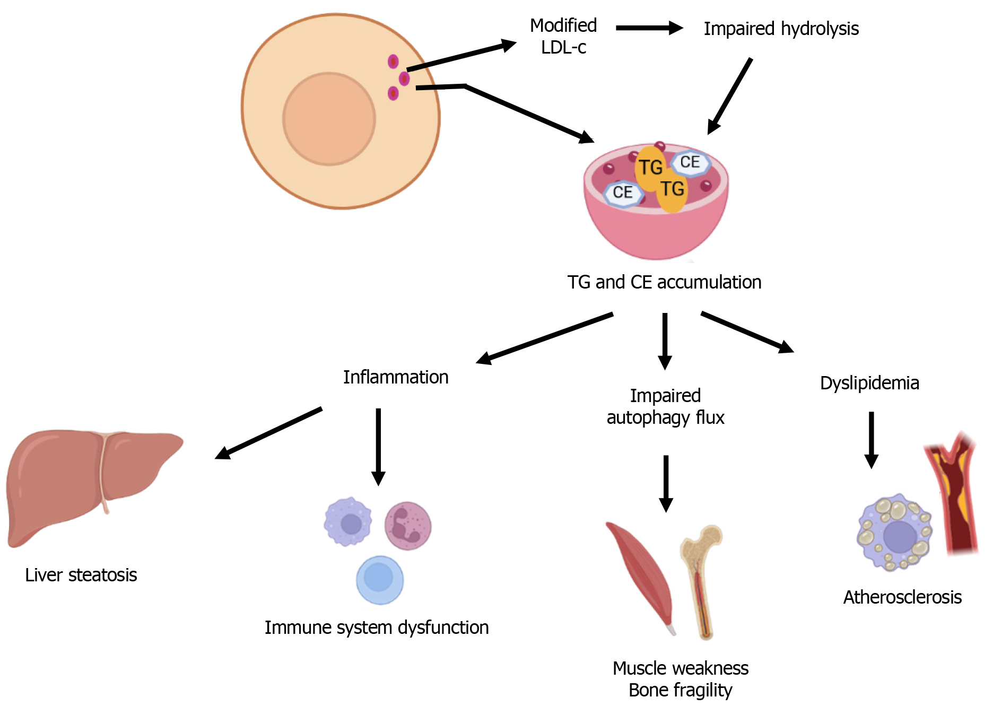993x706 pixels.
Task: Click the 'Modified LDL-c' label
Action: click(x=563, y=36)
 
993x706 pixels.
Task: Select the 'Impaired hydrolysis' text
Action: click(x=781, y=29)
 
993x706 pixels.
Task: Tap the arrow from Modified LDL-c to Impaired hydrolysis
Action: click(x=649, y=28)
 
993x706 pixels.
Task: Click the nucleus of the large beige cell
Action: click(x=329, y=119)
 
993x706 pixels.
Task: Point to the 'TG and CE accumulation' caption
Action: click(x=664, y=282)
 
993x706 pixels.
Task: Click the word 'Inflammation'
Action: click(x=396, y=377)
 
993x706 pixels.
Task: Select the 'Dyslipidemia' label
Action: click(x=869, y=383)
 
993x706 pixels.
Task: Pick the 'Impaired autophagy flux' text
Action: click(x=665, y=406)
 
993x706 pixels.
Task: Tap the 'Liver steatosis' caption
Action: click(x=81, y=575)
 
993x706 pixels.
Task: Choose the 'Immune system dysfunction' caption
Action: click(x=377, y=627)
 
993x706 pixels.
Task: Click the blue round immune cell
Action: click(x=379, y=580)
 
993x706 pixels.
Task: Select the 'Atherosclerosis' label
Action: click(x=902, y=597)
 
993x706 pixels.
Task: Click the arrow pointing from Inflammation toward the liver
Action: click(x=268, y=433)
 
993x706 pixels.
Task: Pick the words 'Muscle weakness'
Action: click(x=681, y=668)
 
